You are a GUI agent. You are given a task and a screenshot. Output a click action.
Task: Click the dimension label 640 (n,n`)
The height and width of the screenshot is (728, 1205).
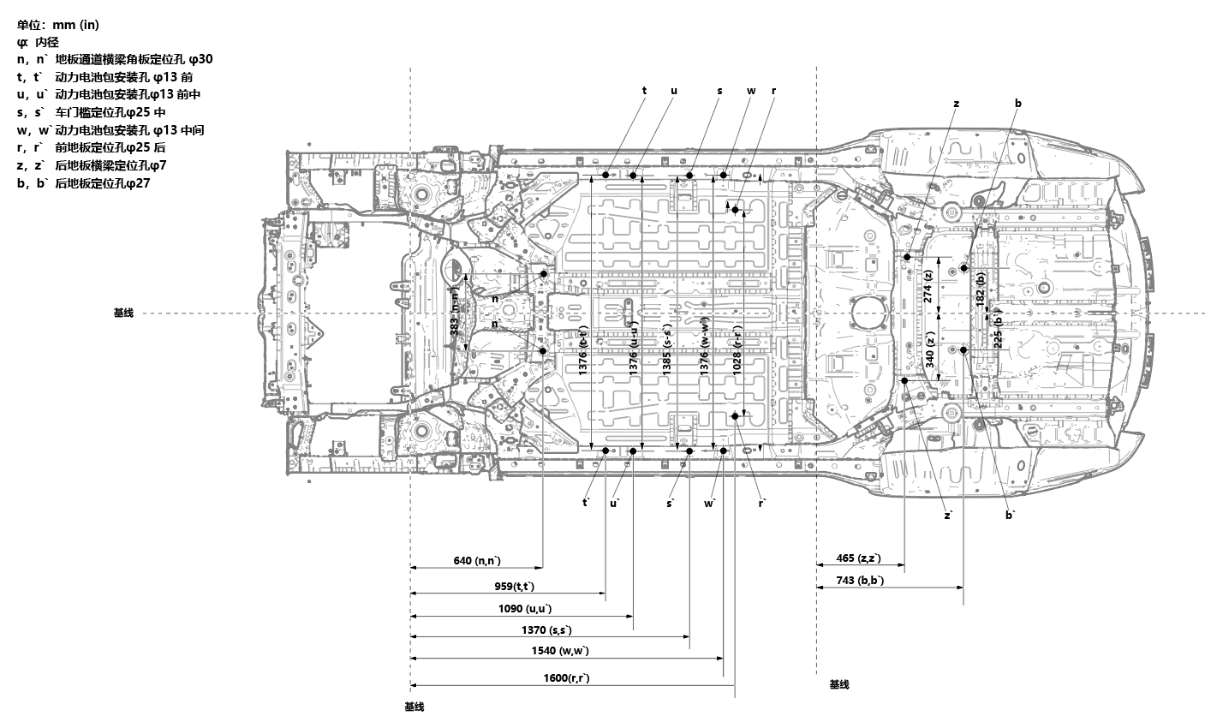point(477,560)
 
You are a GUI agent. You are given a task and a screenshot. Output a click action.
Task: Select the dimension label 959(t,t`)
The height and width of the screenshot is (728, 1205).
point(514,586)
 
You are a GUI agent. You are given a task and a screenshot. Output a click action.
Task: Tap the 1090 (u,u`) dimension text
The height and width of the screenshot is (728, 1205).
point(525,608)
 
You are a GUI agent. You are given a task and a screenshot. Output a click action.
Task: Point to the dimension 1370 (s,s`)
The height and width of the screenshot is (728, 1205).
point(546,630)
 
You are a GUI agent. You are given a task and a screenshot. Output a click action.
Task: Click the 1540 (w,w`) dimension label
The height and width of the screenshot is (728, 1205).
point(560,651)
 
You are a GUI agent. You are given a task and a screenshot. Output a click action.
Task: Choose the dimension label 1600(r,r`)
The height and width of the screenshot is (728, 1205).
point(566,678)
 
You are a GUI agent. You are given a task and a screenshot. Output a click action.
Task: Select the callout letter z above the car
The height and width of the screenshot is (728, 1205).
point(956,104)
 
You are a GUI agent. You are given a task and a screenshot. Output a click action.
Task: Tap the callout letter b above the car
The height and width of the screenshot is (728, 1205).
point(1017,104)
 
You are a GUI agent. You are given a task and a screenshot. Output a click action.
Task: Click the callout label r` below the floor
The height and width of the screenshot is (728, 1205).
point(761,504)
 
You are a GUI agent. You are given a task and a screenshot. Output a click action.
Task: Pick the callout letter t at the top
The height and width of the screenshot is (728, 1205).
point(644,90)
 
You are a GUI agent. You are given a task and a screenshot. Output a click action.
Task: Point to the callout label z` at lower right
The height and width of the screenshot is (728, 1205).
point(949,515)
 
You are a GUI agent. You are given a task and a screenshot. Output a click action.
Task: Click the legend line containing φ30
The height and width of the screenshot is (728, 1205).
point(114,59)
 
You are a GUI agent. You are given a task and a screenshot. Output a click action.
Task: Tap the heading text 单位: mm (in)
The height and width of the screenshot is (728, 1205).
point(57,24)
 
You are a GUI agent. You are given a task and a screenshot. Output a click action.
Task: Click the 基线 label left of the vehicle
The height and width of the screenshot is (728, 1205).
point(123,313)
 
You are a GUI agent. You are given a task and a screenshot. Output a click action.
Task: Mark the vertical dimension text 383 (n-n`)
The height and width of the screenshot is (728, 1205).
point(455,313)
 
